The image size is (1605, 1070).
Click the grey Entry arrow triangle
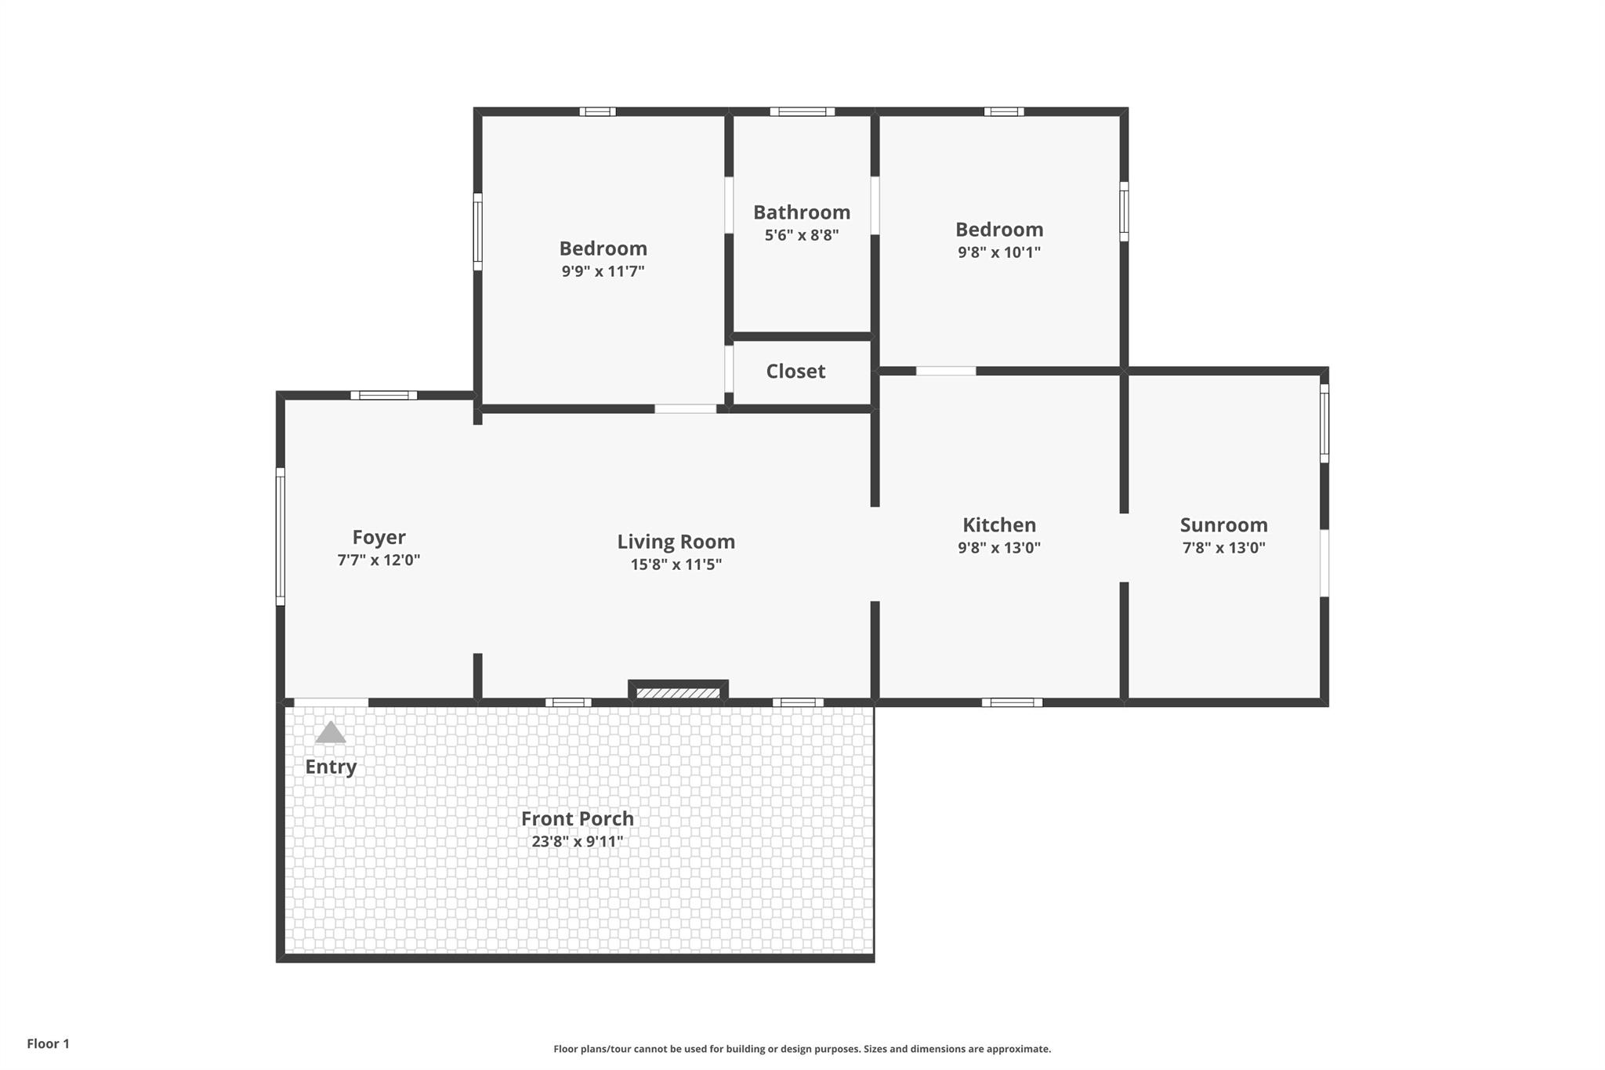point(331,734)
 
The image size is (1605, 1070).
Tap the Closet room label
point(795,372)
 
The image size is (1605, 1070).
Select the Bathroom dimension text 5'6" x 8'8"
point(802,235)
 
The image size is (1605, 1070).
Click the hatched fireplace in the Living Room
point(678,693)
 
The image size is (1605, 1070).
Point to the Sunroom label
point(1223,525)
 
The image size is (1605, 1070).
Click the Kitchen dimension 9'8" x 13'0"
point(999,548)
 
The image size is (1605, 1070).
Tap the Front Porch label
point(578,818)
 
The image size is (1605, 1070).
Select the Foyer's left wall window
point(280,537)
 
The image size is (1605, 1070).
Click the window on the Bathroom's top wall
point(802,112)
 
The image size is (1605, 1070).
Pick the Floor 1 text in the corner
point(49,1043)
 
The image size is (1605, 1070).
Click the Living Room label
point(676,542)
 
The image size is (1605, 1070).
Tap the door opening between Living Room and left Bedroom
point(686,408)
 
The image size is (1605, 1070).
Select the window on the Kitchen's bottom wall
point(1012,702)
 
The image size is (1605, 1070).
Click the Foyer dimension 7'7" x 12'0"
point(379,560)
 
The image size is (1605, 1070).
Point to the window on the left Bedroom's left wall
point(477,232)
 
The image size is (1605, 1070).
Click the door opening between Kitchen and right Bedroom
point(946,371)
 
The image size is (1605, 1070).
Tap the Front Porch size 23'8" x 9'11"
point(578,842)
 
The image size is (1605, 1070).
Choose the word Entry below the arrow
point(331,767)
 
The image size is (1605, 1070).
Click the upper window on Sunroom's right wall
point(1324,423)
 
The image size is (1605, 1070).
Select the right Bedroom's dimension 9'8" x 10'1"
point(999,252)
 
